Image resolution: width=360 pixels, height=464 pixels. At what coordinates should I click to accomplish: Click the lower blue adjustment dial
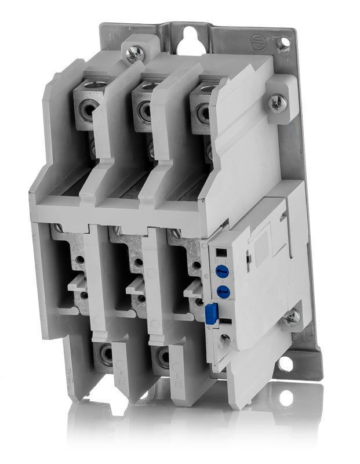pos(221,291)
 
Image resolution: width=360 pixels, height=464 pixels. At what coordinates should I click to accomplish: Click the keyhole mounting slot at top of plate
pos(189,41)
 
